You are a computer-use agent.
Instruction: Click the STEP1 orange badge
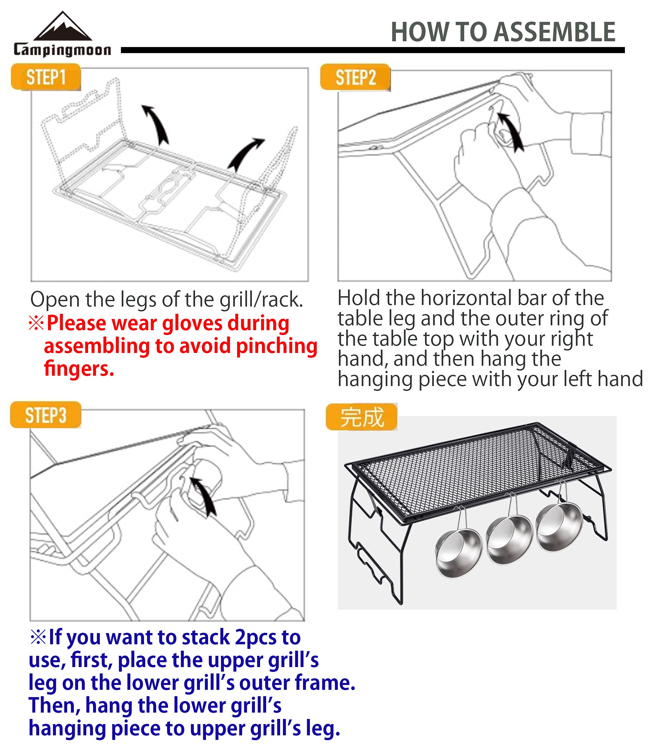point(46,77)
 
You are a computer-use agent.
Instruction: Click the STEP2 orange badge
point(355,78)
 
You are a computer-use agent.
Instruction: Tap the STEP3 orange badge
point(46,415)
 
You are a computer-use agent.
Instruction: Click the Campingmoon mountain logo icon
point(63,27)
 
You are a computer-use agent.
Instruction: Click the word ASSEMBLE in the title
point(554,32)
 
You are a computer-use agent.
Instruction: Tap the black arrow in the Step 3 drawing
point(204,496)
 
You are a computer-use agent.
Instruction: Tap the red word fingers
point(79,368)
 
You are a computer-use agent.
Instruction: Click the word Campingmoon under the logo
point(62,50)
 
